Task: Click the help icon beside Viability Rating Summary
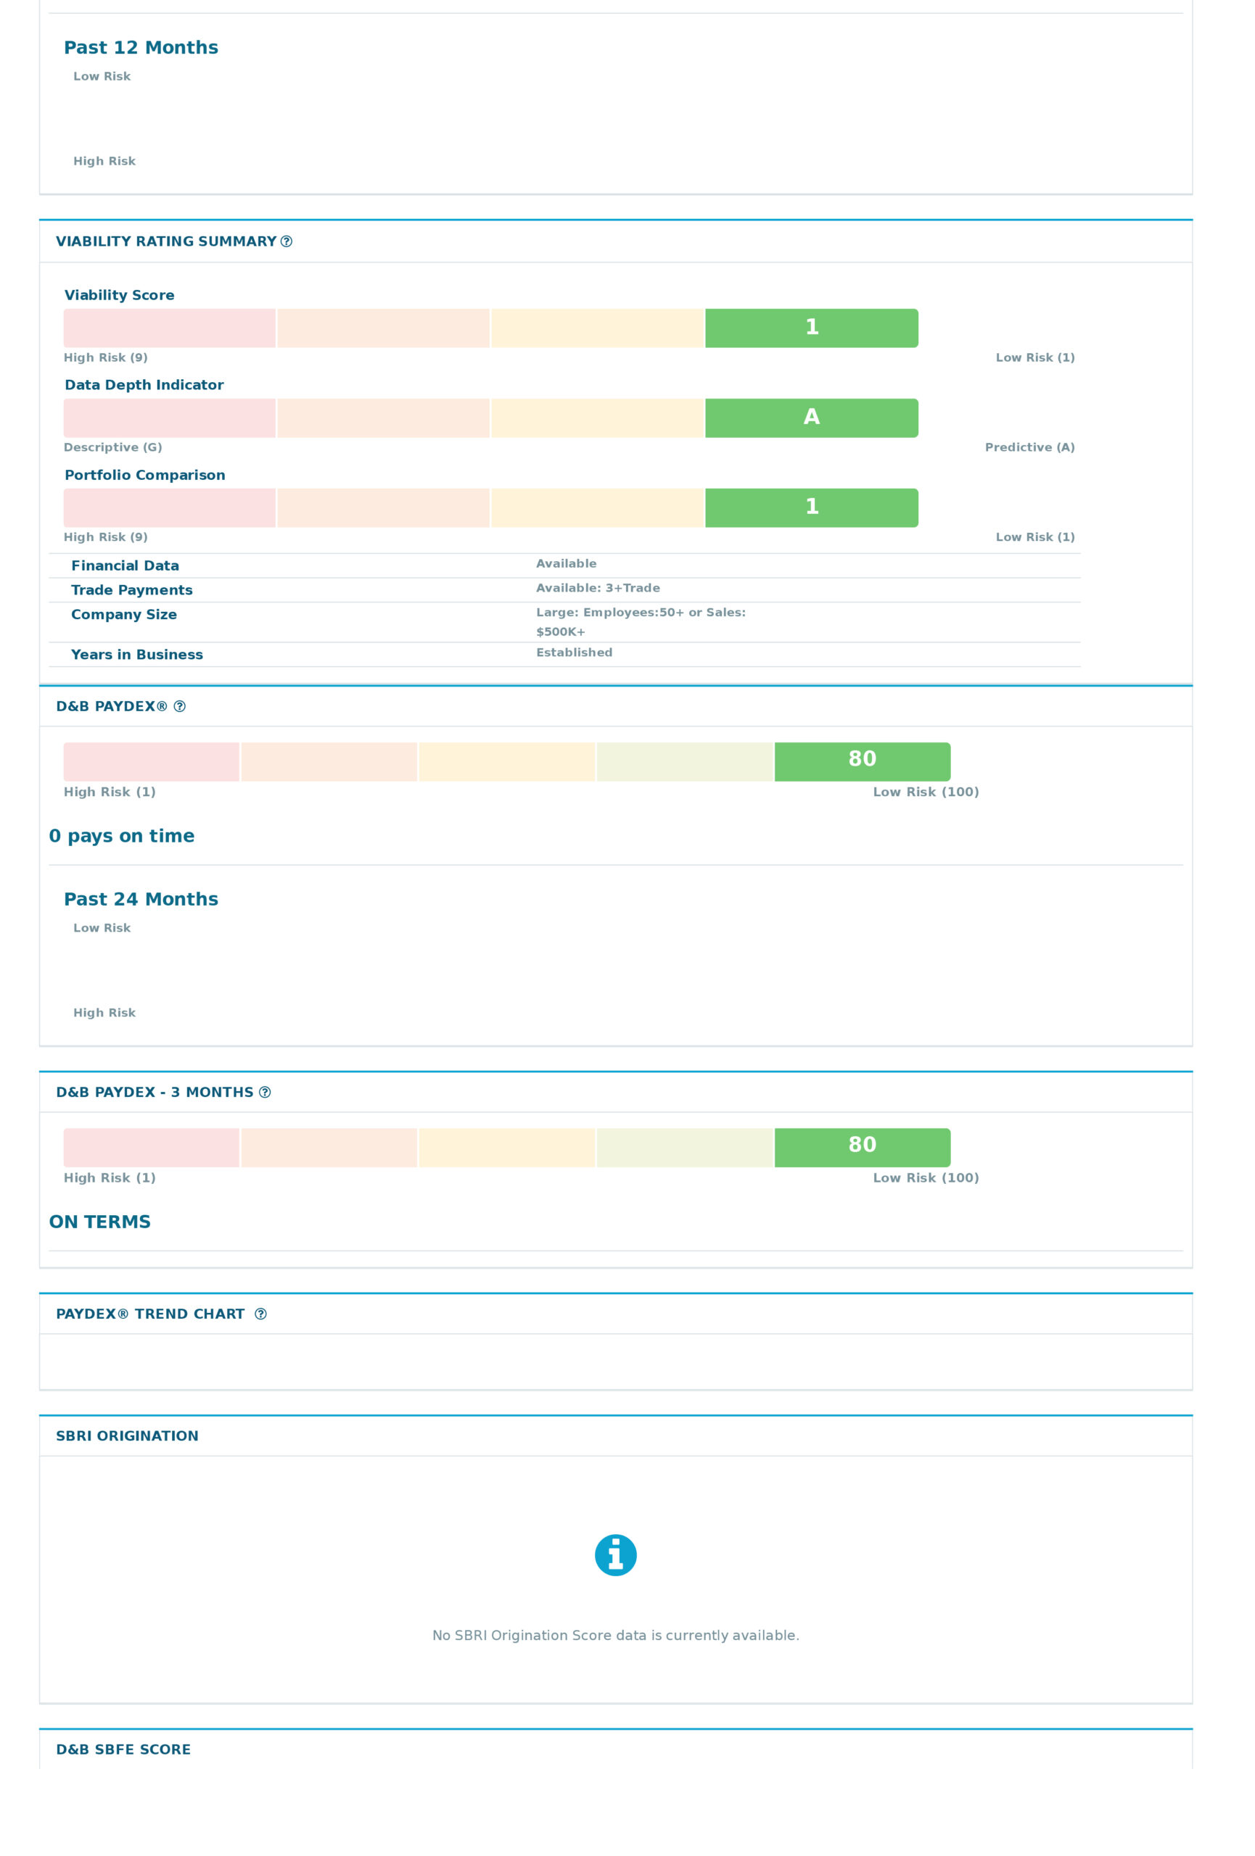click(286, 241)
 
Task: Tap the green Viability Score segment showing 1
click(811, 328)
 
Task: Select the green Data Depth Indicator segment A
click(811, 418)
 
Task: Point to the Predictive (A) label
click(1029, 447)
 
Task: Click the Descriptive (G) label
click(112, 447)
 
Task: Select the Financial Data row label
click(125, 565)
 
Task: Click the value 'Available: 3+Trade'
click(598, 588)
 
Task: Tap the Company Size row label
click(124, 614)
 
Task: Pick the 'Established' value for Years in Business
click(574, 652)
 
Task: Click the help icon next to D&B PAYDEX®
click(180, 706)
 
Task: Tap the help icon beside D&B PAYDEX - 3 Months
click(266, 1092)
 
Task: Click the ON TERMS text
click(100, 1221)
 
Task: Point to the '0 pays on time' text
click(121, 835)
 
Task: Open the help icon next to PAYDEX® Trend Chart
click(260, 1314)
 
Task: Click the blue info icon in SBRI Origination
click(615, 1555)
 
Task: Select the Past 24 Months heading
click(141, 898)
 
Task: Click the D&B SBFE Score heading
click(123, 1749)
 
